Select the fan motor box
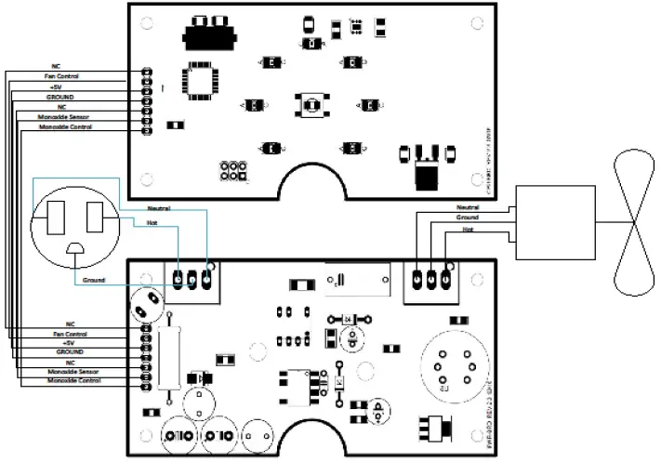click(554, 220)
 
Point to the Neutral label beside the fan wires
click(469, 207)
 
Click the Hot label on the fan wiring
click(469, 228)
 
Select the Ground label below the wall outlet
click(94, 280)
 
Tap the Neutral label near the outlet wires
click(159, 208)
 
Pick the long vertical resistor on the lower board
click(168, 359)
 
